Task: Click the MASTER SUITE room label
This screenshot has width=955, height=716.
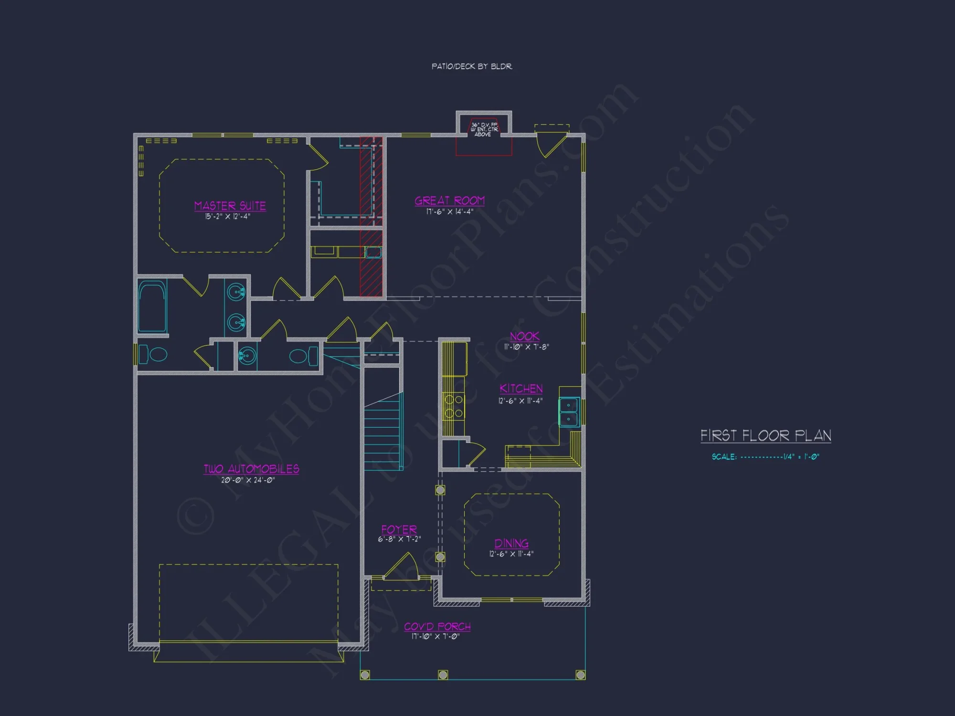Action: pos(230,206)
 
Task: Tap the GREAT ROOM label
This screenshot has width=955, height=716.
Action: pos(449,200)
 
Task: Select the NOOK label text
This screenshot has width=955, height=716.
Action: pos(524,336)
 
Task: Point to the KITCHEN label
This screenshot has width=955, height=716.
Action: pos(521,389)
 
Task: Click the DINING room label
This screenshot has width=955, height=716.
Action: pos(511,543)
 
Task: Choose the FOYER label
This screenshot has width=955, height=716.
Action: pos(399,529)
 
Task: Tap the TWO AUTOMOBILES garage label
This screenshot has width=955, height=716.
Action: pos(251,469)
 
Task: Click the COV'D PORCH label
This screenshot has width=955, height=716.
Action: pos(437,626)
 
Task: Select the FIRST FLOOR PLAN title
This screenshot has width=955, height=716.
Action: pos(765,435)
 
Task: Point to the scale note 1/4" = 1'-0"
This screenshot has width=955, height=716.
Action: pos(765,457)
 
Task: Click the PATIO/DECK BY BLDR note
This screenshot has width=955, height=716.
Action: pos(472,66)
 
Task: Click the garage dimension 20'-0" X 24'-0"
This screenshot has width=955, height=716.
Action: pos(248,480)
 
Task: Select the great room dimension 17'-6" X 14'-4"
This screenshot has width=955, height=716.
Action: pos(449,211)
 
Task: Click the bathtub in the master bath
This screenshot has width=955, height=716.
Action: pos(152,306)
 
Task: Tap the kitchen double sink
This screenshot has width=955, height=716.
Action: pos(569,412)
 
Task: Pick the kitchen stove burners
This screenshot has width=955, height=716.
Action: pos(453,406)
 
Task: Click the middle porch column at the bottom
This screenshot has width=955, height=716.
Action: pos(443,674)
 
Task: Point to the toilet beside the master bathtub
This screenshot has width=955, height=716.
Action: pos(155,355)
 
